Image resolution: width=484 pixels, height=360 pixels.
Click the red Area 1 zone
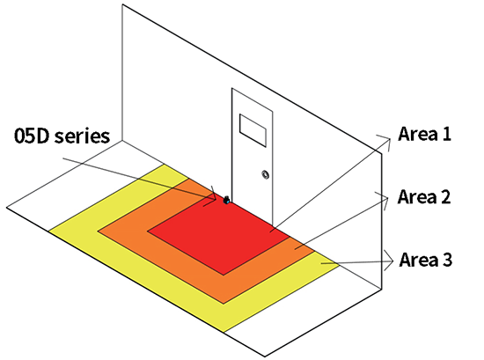(219, 235)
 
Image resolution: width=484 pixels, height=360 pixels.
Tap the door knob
(265, 175)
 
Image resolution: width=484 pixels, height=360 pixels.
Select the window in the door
(253, 130)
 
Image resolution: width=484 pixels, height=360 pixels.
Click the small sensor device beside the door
(226, 200)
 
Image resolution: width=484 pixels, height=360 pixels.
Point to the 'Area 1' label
(424, 134)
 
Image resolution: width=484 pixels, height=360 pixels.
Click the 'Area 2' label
(424, 196)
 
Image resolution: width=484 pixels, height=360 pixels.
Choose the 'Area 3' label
(426, 260)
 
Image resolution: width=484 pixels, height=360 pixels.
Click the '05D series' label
(62, 136)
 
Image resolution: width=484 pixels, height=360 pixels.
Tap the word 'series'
(82, 136)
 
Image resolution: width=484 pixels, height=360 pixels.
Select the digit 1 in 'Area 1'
(446, 134)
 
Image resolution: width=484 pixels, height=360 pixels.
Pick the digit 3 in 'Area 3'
(447, 260)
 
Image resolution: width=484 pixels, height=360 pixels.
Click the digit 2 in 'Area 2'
(445, 196)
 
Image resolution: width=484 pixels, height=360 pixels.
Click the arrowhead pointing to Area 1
(386, 142)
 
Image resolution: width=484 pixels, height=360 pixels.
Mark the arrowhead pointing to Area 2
(384, 200)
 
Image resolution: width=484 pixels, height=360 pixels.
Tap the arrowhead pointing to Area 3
(390, 261)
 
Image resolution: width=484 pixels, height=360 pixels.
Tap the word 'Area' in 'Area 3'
(418, 260)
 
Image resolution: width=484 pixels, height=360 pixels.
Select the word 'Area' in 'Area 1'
(417, 134)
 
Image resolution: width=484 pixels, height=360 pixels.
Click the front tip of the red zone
(224, 275)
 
